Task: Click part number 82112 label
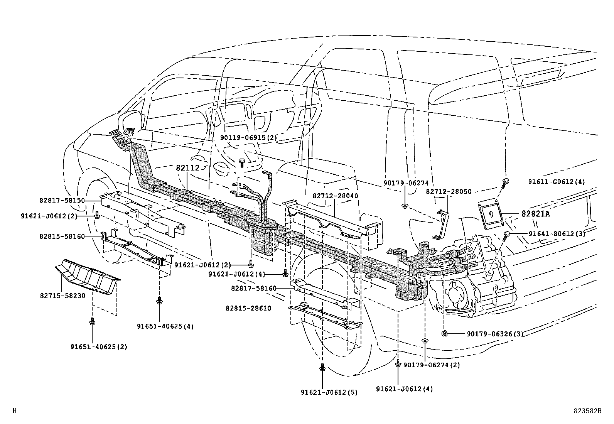[x=187, y=168]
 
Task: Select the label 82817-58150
[x=62, y=201]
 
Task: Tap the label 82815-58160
[x=62, y=236]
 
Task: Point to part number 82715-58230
[x=62, y=296]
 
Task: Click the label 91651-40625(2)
[x=99, y=347]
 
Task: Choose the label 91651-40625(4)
[x=165, y=326]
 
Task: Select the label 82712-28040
[x=335, y=196]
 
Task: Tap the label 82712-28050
[x=449, y=192]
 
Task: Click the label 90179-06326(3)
[x=495, y=334]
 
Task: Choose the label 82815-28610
[x=248, y=308]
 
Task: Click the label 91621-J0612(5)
[x=329, y=392]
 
